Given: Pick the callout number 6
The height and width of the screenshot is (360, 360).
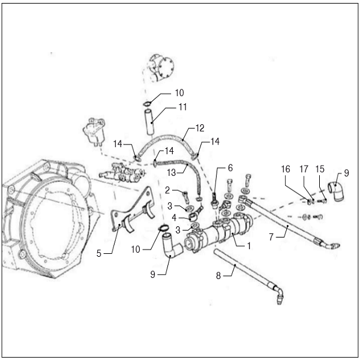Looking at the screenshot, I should pos(230,169).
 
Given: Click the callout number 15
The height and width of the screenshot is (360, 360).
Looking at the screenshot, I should pos(321,170).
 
